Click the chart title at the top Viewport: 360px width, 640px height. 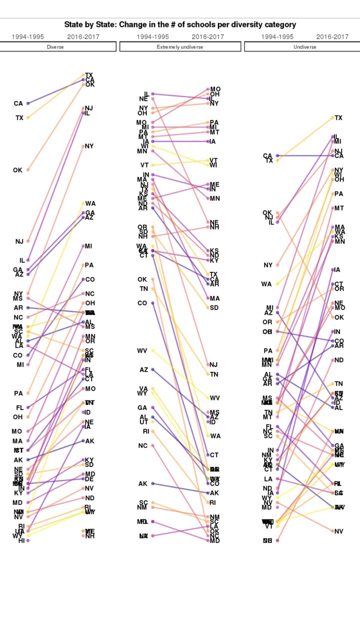pyautogui.click(x=180, y=24)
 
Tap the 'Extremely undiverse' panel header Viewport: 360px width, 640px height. pyautogui.click(x=180, y=47)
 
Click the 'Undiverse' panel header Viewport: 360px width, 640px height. pyautogui.click(x=304, y=47)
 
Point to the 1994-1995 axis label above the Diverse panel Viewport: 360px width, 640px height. pyautogui.click(x=28, y=36)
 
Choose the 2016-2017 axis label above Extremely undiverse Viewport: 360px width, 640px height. pyautogui.click(x=207, y=36)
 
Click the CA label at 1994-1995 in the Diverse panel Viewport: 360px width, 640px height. pyautogui.click(x=18, y=103)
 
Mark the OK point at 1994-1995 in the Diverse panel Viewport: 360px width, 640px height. pyautogui.click(x=28, y=170)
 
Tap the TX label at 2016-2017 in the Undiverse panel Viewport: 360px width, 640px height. pyautogui.click(x=338, y=118)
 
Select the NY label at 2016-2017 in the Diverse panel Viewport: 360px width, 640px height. pyautogui.click(x=89, y=146)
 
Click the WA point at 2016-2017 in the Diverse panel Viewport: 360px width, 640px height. pyautogui.click(x=83, y=203)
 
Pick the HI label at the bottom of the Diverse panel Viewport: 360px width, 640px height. pyautogui.click(x=21, y=540)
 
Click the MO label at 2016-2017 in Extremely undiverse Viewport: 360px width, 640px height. pyautogui.click(x=215, y=89)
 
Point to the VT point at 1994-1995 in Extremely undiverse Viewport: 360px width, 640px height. pyautogui.click(x=152, y=165)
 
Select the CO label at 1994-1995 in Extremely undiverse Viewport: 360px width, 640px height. pyautogui.click(x=142, y=303)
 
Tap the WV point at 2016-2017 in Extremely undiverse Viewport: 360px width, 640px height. pyautogui.click(x=208, y=398)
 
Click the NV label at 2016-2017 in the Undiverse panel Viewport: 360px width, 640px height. pyautogui.click(x=338, y=531)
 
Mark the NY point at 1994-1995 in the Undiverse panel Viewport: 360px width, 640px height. pyautogui.click(x=277, y=265)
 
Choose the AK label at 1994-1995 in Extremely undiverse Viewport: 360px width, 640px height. pyautogui.click(x=143, y=483)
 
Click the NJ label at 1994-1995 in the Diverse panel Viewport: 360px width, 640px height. pyautogui.click(x=19, y=241)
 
